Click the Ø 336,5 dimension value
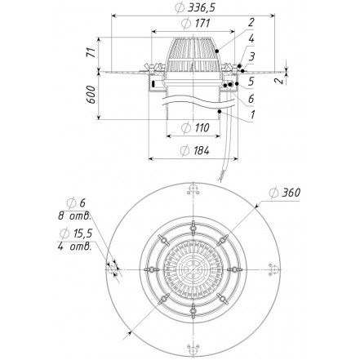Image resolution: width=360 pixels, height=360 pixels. pos(195,8)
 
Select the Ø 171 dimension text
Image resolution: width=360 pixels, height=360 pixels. pos(195,24)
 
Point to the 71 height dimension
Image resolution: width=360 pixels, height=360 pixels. pos(92,52)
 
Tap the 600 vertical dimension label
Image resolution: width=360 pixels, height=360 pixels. pos(92,95)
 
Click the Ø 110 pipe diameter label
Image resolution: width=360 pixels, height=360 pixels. pos(195,127)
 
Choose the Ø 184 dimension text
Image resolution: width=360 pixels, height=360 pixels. pos(195,150)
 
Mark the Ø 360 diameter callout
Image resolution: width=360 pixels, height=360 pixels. pos(285,193)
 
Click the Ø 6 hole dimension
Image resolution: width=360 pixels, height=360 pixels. pos(76,203)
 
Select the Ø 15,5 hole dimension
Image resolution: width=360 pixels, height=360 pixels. pos(77,233)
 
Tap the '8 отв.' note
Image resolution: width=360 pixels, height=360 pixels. pos(74,216)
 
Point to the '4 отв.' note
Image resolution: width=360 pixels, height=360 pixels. pos(74,247)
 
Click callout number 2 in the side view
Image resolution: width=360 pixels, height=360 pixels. pos(251,22)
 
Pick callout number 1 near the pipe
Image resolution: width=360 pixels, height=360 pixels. pos(253,114)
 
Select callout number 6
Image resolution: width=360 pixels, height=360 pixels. pos(251,99)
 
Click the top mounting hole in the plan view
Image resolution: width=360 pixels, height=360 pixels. pos(193,189)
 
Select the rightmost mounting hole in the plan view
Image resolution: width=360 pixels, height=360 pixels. pos(274,269)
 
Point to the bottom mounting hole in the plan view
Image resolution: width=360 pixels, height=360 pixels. pos(193,350)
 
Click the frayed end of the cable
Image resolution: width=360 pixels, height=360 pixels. pos(220,179)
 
